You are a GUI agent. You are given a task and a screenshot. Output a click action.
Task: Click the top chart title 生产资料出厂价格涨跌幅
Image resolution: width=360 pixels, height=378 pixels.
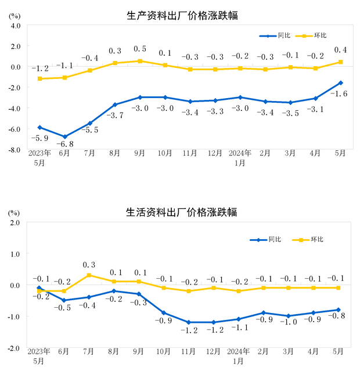click(182, 16)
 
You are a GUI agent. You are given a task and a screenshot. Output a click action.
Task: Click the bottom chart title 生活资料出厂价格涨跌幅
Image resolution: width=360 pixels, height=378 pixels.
click(182, 212)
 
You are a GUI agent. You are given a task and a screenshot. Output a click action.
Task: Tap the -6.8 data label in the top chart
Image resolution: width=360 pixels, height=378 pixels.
click(64, 144)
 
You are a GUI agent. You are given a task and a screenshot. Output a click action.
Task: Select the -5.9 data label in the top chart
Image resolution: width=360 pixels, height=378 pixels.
click(39, 138)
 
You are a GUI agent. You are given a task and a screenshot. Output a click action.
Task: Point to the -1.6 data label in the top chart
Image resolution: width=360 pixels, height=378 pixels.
click(339, 93)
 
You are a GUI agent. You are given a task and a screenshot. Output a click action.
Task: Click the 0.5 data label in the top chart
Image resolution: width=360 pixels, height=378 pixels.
click(140, 49)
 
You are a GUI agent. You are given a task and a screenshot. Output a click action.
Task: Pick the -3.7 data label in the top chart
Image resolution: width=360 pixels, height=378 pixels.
click(115, 116)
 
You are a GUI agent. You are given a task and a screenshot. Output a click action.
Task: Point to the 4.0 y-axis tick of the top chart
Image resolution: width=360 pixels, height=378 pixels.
click(16, 26)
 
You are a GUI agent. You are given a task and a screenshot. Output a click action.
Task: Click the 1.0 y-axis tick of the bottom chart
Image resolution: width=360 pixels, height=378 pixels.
click(16, 254)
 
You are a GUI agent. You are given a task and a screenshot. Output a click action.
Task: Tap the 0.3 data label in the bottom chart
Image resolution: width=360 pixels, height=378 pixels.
click(89, 265)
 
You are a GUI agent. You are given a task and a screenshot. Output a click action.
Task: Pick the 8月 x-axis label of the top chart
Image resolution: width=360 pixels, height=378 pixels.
click(114, 153)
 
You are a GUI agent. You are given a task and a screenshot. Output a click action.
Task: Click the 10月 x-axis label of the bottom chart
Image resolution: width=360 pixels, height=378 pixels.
click(165, 351)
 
